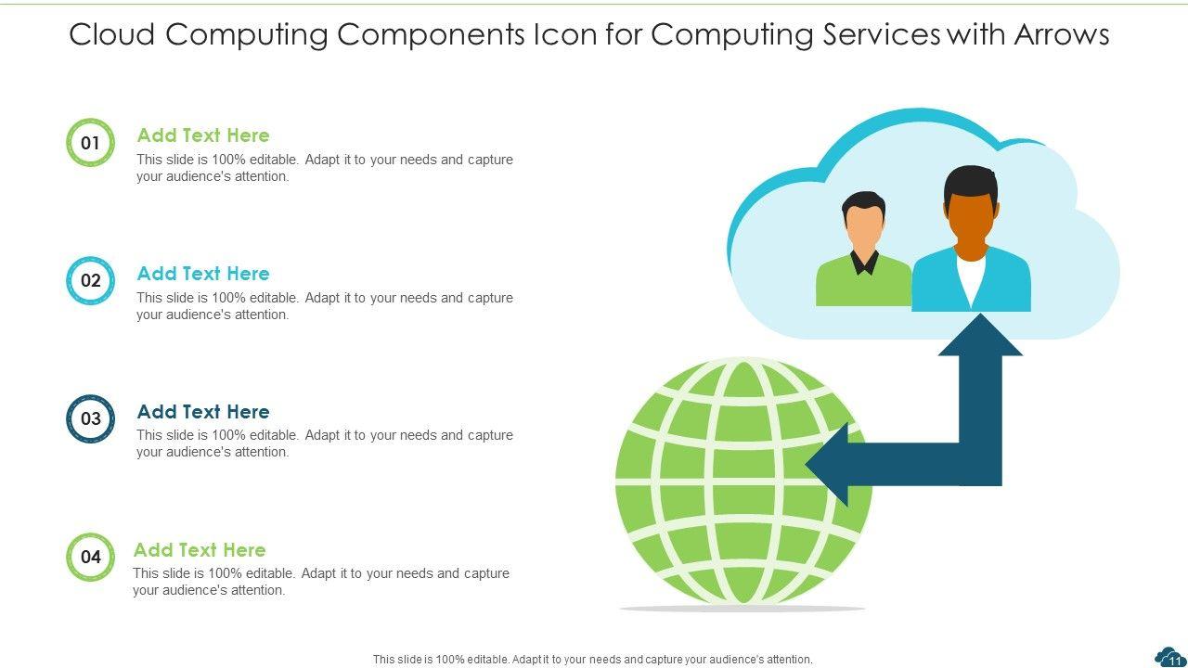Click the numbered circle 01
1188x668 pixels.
click(90, 143)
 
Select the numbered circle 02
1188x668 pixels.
click(90, 281)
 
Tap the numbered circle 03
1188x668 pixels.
click(90, 418)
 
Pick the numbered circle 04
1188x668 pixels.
click(90, 557)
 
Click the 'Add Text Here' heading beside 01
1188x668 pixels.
click(203, 135)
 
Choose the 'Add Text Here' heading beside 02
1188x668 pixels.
click(203, 274)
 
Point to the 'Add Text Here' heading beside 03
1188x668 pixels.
click(203, 411)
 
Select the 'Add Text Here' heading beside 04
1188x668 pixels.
click(200, 549)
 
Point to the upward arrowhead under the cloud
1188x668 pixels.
click(980, 337)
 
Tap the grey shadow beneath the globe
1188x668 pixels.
click(742, 609)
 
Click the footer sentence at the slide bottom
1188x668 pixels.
click(592, 660)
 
